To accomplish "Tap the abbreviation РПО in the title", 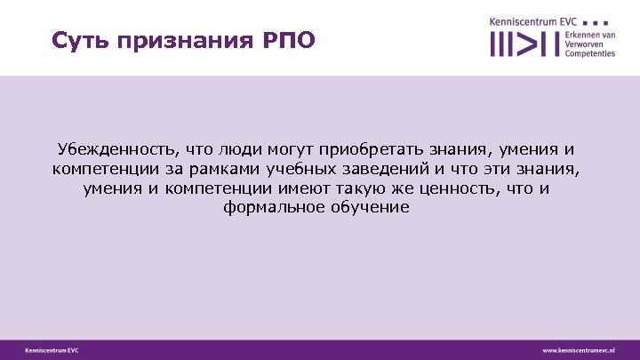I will point(284,42).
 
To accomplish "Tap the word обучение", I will point(372,207).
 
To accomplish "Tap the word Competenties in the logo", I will point(590,53).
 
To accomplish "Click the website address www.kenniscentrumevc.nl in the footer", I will point(579,350).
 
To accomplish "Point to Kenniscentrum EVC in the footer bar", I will point(52,350).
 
